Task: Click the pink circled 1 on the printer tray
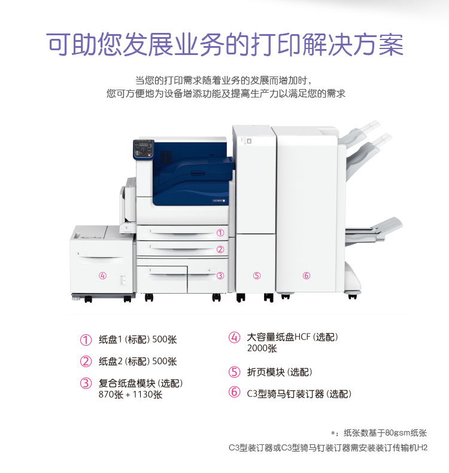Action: pyautogui.click(x=220, y=233)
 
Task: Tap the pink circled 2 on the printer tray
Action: pyautogui.click(x=220, y=249)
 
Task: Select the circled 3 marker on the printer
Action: pyautogui.click(x=220, y=276)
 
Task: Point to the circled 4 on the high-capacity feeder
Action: pyautogui.click(x=102, y=276)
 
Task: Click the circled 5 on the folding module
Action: pyautogui.click(x=257, y=276)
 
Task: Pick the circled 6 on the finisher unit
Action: pyautogui.click(x=307, y=276)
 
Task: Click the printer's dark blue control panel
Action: pyautogui.click(x=144, y=149)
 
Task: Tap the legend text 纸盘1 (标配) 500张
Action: pyautogui.click(x=138, y=340)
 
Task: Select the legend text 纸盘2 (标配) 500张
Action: pyautogui.click(x=138, y=361)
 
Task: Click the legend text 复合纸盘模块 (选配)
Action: pyautogui.click(x=141, y=383)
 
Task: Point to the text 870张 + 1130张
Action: pyautogui.click(x=131, y=395)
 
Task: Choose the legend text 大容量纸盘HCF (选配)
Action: pyautogui.click(x=292, y=337)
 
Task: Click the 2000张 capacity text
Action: pyautogui.click(x=262, y=349)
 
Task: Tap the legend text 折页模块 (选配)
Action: pyautogui.click(x=280, y=373)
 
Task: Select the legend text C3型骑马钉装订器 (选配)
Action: pyautogui.click(x=299, y=393)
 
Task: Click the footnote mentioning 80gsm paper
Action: pyautogui.click(x=379, y=433)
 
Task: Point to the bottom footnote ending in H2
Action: pyautogui.click(x=328, y=448)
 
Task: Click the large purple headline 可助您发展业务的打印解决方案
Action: pyautogui.click(x=225, y=45)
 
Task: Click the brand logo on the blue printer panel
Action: pyautogui.click(x=219, y=200)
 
